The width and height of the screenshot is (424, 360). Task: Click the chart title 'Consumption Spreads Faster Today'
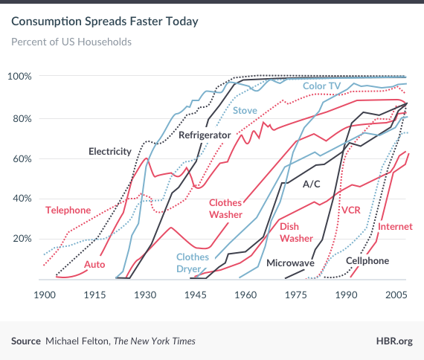click(x=105, y=21)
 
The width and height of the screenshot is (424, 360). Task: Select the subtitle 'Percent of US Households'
click(x=71, y=41)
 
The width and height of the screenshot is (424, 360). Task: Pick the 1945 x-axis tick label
click(x=195, y=295)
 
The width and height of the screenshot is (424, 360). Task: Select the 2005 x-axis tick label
click(x=395, y=295)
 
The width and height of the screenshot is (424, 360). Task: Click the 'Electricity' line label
click(x=110, y=152)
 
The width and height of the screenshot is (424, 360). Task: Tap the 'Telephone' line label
click(x=68, y=210)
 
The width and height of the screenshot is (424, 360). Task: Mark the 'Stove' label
click(x=245, y=111)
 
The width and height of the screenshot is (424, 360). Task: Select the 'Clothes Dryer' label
click(x=193, y=263)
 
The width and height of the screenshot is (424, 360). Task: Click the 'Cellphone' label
click(x=367, y=261)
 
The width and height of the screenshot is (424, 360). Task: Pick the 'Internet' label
click(x=396, y=226)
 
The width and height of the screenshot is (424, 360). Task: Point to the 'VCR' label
click(x=350, y=210)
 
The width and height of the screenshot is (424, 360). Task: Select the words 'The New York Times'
click(x=154, y=341)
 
